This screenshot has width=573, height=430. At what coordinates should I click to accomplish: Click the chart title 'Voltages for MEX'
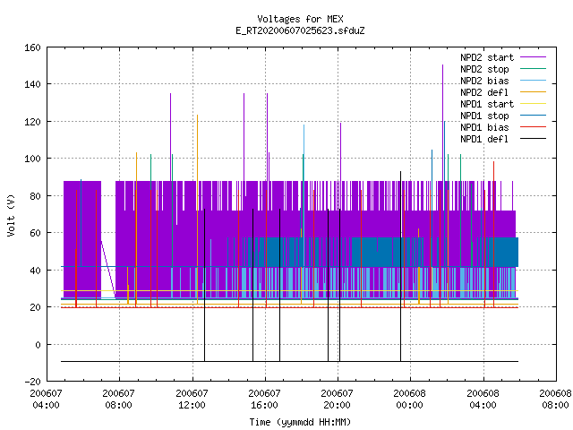(300, 19)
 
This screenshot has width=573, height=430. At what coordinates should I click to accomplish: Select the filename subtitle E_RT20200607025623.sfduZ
(300, 30)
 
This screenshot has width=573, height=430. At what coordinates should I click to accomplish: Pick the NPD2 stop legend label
(484, 69)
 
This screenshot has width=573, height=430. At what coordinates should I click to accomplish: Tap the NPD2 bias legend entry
(484, 81)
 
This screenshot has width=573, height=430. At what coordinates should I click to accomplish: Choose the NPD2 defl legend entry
(484, 92)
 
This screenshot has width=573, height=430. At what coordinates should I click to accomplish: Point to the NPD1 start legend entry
(487, 104)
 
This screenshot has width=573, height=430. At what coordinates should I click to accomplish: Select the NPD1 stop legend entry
(484, 116)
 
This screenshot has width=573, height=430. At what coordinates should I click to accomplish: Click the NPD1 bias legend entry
(484, 127)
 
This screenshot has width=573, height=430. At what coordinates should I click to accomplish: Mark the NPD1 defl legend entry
(484, 140)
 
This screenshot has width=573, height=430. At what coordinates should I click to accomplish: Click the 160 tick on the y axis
(32, 47)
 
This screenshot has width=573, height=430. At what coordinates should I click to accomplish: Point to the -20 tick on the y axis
(32, 382)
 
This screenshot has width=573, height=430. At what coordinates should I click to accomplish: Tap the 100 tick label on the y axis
(32, 159)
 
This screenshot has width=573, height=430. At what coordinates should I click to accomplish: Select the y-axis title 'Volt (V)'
(12, 215)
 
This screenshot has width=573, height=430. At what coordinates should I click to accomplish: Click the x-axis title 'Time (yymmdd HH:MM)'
(300, 422)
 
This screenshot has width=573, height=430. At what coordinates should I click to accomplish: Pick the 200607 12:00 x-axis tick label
(192, 400)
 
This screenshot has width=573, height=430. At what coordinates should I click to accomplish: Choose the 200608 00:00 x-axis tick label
(410, 400)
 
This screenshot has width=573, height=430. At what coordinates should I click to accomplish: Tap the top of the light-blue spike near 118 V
(304, 125)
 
